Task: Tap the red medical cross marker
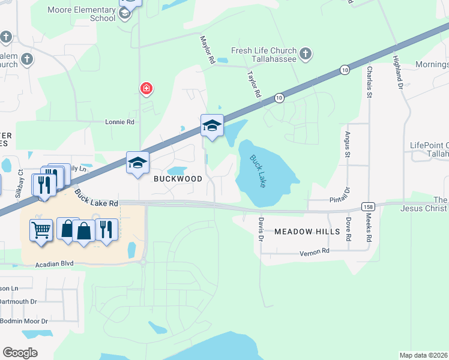tap(146, 89)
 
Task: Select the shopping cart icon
tap(41, 229)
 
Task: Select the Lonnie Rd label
tap(119, 121)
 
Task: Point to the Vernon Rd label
tap(315, 253)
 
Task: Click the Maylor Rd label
tap(207, 49)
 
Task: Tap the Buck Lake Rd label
tap(97, 197)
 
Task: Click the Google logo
tap(20, 353)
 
